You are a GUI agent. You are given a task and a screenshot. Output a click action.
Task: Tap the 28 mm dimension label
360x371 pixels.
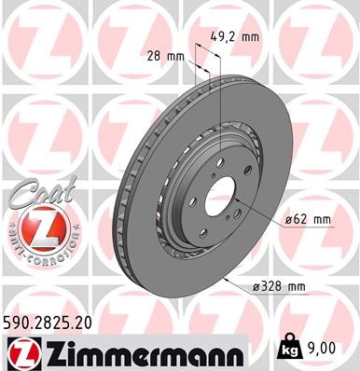pos(165,57)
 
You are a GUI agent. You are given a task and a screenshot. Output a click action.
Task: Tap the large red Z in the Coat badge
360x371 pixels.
pos(35,227)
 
